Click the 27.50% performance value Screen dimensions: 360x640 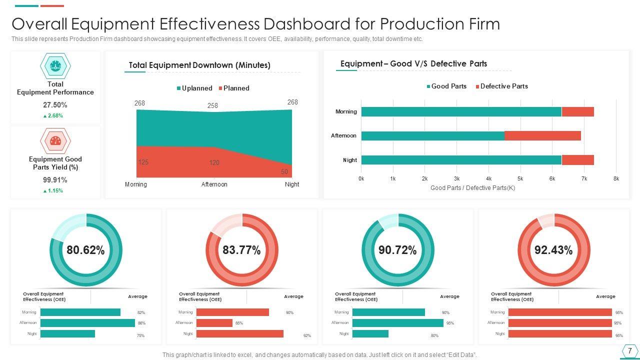(x=55, y=105)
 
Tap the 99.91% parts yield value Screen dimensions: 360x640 (x=55, y=180)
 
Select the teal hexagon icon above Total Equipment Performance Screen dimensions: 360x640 (x=55, y=65)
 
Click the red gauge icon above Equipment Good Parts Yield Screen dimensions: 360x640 (x=55, y=141)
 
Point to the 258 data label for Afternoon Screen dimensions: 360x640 (x=212, y=106)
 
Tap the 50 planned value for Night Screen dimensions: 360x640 (x=284, y=172)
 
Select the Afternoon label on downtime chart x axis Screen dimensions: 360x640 (x=214, y=184)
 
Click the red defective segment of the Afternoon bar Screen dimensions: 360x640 (x=542, y=135)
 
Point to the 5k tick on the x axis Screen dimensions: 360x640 (x=520, y=178)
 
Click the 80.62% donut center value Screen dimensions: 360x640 (x=85, y=250)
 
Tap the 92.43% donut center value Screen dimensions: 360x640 (x=553, y=250)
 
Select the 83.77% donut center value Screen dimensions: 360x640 (x=241, y=250)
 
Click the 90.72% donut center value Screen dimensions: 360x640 (x=397, y=250)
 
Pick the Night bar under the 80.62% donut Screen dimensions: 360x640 (x=67, y=333)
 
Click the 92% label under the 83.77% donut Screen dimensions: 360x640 (x=307, y=335)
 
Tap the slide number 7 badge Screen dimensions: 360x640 (x=629, y=351)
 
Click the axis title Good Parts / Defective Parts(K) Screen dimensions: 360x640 (x=472, y=188)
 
